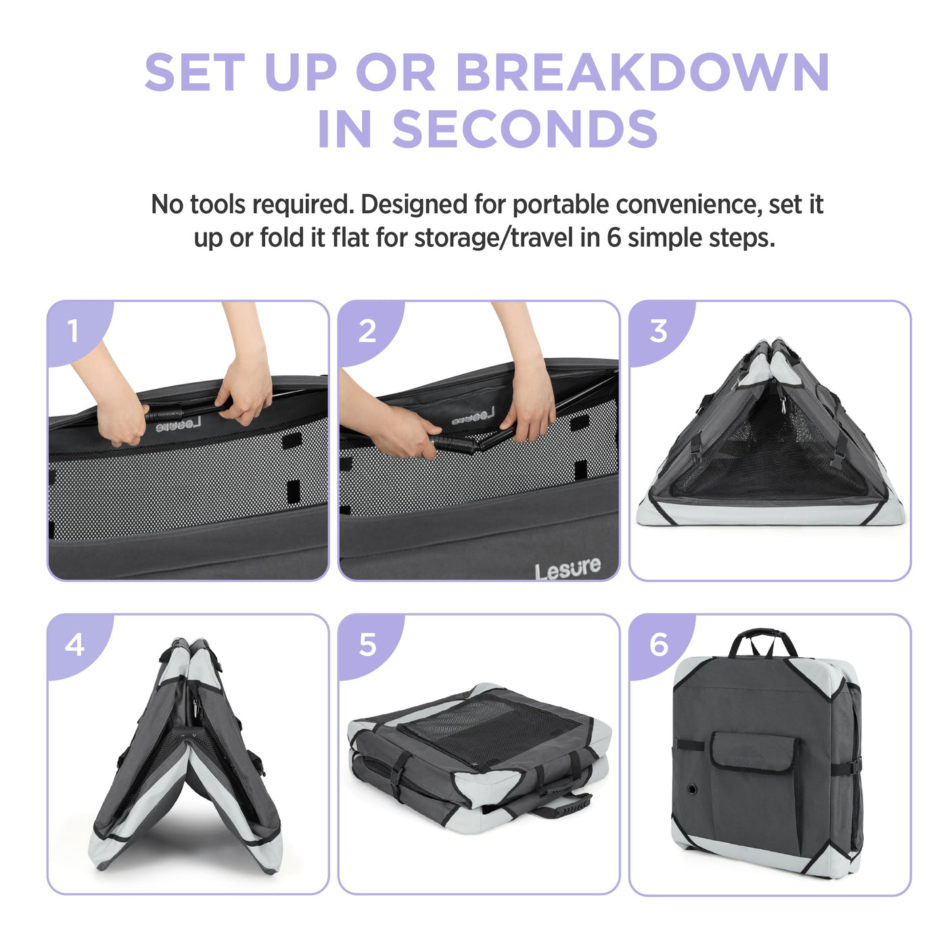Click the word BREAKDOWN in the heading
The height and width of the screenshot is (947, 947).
tap(643, 72)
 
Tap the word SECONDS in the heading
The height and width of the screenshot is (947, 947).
tap(525, 129)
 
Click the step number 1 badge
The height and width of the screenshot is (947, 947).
tap(74, 331)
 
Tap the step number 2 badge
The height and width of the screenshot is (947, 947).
tap(366, 331)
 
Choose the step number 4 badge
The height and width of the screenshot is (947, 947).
tap(74, 645)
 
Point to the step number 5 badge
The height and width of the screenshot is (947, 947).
tap(367, 645)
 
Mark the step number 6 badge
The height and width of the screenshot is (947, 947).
tap(658, 645)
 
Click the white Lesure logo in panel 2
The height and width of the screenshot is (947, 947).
tap(567, 569)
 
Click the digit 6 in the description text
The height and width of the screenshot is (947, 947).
tap(614, 238)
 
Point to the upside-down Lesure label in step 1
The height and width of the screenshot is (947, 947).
tap(178, 424)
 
